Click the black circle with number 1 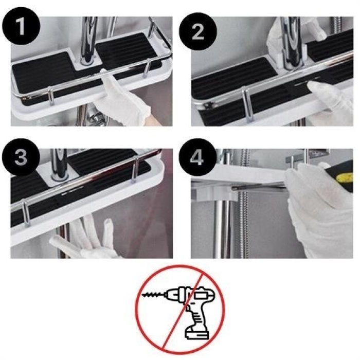(21, 27)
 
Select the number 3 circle (21, 158)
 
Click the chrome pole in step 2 (293, 41)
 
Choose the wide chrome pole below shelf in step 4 (219, 226)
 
